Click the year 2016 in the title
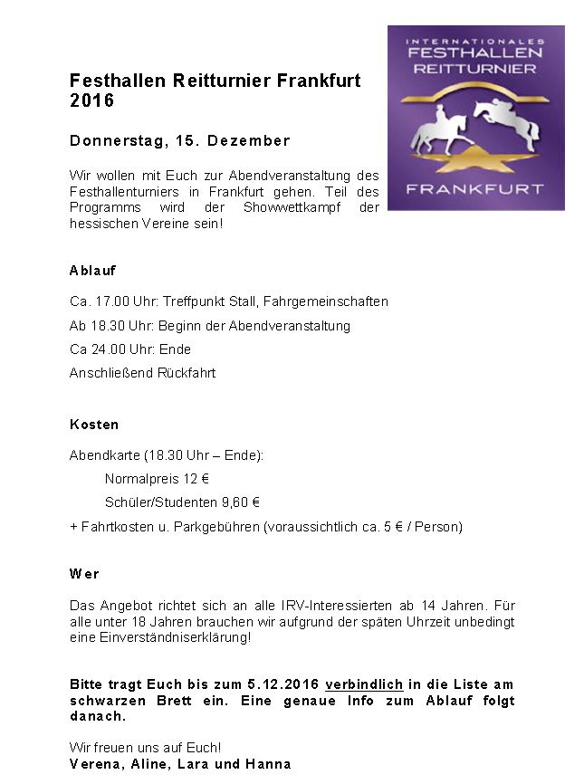coord(91,100)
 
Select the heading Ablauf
coord(92,270)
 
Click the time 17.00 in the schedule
coord(110,301)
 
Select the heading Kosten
coord(94,424)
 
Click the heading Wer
coord(84,574)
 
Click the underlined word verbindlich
coord(364,684)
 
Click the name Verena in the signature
coord(93,764)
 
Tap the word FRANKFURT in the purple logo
coord(475,189)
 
